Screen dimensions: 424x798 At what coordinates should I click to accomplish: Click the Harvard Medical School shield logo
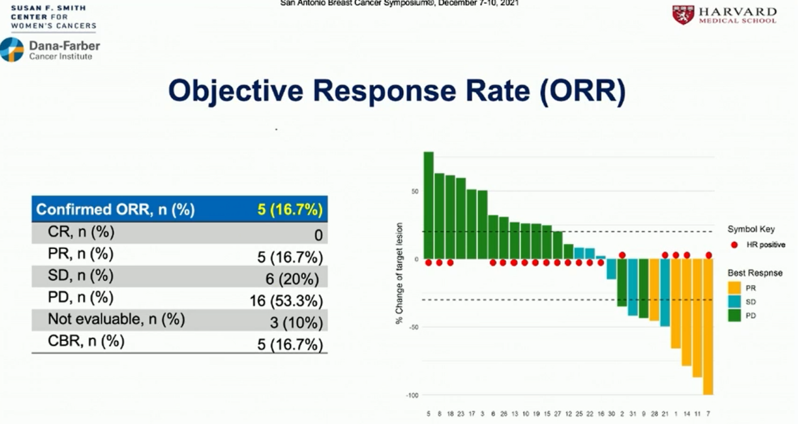pos(683,15)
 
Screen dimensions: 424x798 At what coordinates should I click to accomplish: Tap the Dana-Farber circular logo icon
pos(12,49)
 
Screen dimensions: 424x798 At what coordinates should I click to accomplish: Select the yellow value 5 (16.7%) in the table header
pos(289,209)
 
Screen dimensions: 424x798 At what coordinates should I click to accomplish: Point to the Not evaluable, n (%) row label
pos(116,320)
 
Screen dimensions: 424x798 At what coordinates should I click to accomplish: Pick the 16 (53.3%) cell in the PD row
pos(285,301)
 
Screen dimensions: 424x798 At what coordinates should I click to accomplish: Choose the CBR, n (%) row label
pos(86,342)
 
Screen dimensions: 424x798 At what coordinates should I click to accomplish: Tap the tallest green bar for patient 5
pos(429,205)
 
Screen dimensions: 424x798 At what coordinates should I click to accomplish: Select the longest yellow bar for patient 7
pos(708,326)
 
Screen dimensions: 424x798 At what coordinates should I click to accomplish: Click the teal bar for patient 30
pos(611,269)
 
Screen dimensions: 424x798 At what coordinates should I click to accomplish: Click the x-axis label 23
pos(461,414)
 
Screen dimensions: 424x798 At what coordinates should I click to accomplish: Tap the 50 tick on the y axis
pos(415,191)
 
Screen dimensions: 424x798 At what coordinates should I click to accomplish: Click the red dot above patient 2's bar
pos(622,255)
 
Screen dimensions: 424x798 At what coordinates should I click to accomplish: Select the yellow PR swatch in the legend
pos(734,287)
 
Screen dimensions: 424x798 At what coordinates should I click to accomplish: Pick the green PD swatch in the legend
pos(734,315)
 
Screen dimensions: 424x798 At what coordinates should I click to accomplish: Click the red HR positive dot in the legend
pos(734,245)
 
